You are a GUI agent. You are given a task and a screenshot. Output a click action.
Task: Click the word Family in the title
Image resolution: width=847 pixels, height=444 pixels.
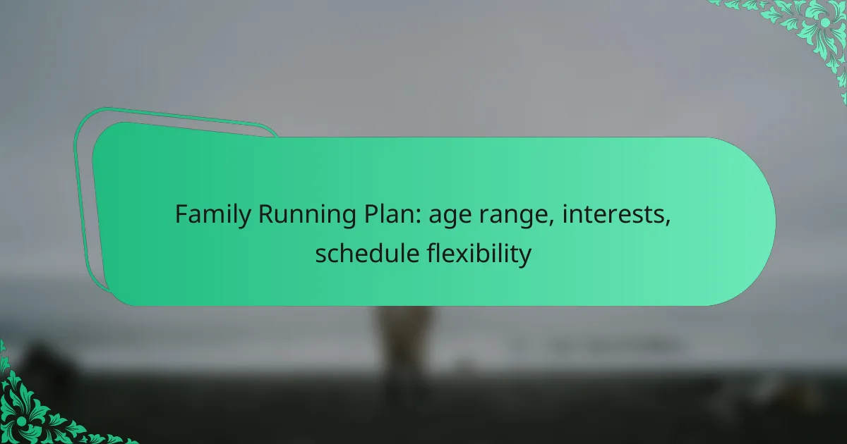(x=213, y=215)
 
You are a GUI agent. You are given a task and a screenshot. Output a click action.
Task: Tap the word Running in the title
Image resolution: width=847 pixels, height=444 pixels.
(x=307, y=215)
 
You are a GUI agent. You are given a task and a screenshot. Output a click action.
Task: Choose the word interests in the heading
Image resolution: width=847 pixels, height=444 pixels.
(x=613, y=214)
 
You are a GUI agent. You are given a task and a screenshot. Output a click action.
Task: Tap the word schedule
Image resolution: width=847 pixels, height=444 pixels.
(x=367, y=253)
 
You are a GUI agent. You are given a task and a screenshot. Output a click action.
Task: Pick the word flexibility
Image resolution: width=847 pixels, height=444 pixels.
(x=479, y=254)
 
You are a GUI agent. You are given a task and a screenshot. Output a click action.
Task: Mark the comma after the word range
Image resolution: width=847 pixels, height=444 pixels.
(x=551, y=223)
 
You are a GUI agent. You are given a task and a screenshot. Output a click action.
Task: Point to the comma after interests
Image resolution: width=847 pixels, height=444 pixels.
(x=668, y=223)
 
